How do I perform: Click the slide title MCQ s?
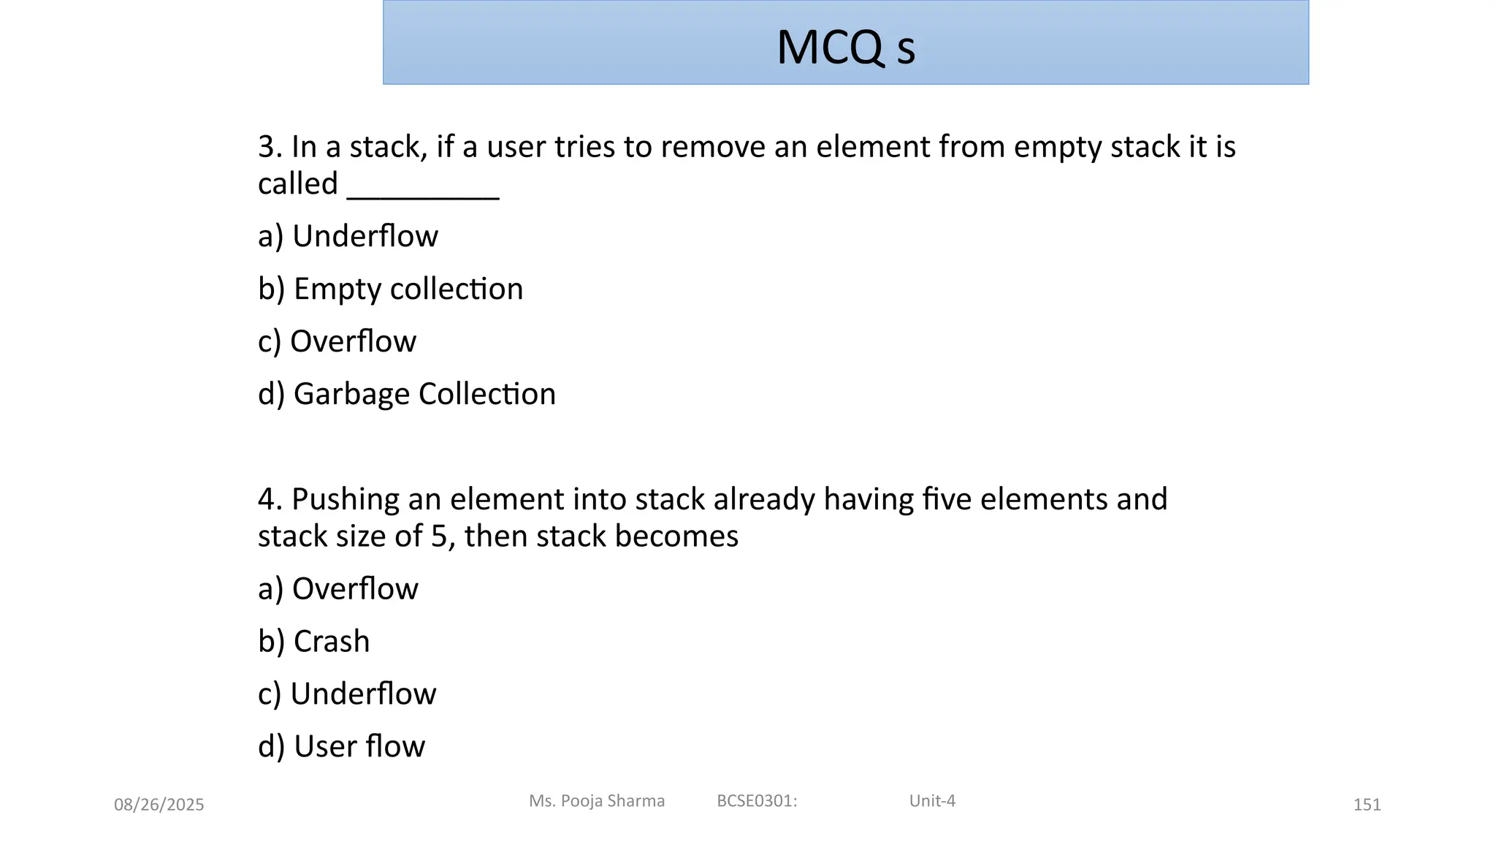coord(845,48)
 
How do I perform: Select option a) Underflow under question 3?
coord(348,236)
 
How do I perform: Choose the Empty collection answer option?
coord(390,289)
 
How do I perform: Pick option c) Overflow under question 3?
coord(337,341)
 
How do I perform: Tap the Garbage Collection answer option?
coord(406,394)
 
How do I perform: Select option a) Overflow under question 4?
coord(337,588)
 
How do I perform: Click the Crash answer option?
coord(313,641)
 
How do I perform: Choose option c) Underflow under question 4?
coord(347,694)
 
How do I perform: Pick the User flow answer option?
coord(341,746)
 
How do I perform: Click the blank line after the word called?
coord(423,191)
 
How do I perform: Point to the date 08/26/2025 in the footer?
coord(159,805)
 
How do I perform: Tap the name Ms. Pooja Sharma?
coord(597,801)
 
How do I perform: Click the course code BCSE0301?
coord(756,801)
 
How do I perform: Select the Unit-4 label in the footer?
coord(932,801)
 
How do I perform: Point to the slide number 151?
coord(1367,805)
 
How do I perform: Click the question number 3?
coord(266,147)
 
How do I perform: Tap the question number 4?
coord(266,499)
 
